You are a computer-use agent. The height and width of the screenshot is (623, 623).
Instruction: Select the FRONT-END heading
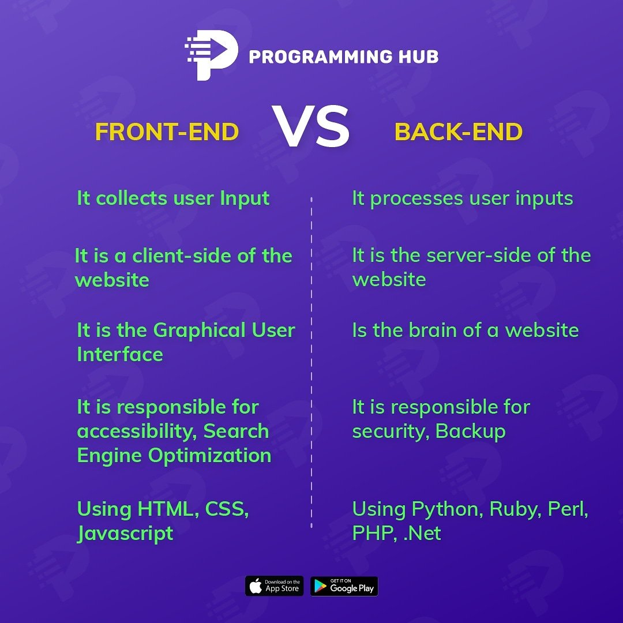(167, 132)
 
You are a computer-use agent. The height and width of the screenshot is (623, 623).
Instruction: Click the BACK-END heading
(459, 132)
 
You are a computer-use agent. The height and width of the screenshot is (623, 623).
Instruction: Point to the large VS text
(311, 127)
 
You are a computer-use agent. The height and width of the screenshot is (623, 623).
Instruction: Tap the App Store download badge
(274, 586)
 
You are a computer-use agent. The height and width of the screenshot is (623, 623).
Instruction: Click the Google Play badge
(344, 586)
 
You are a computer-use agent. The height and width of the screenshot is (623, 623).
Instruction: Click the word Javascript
(125, 533)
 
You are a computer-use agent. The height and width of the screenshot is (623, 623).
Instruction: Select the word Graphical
(200, 330)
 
